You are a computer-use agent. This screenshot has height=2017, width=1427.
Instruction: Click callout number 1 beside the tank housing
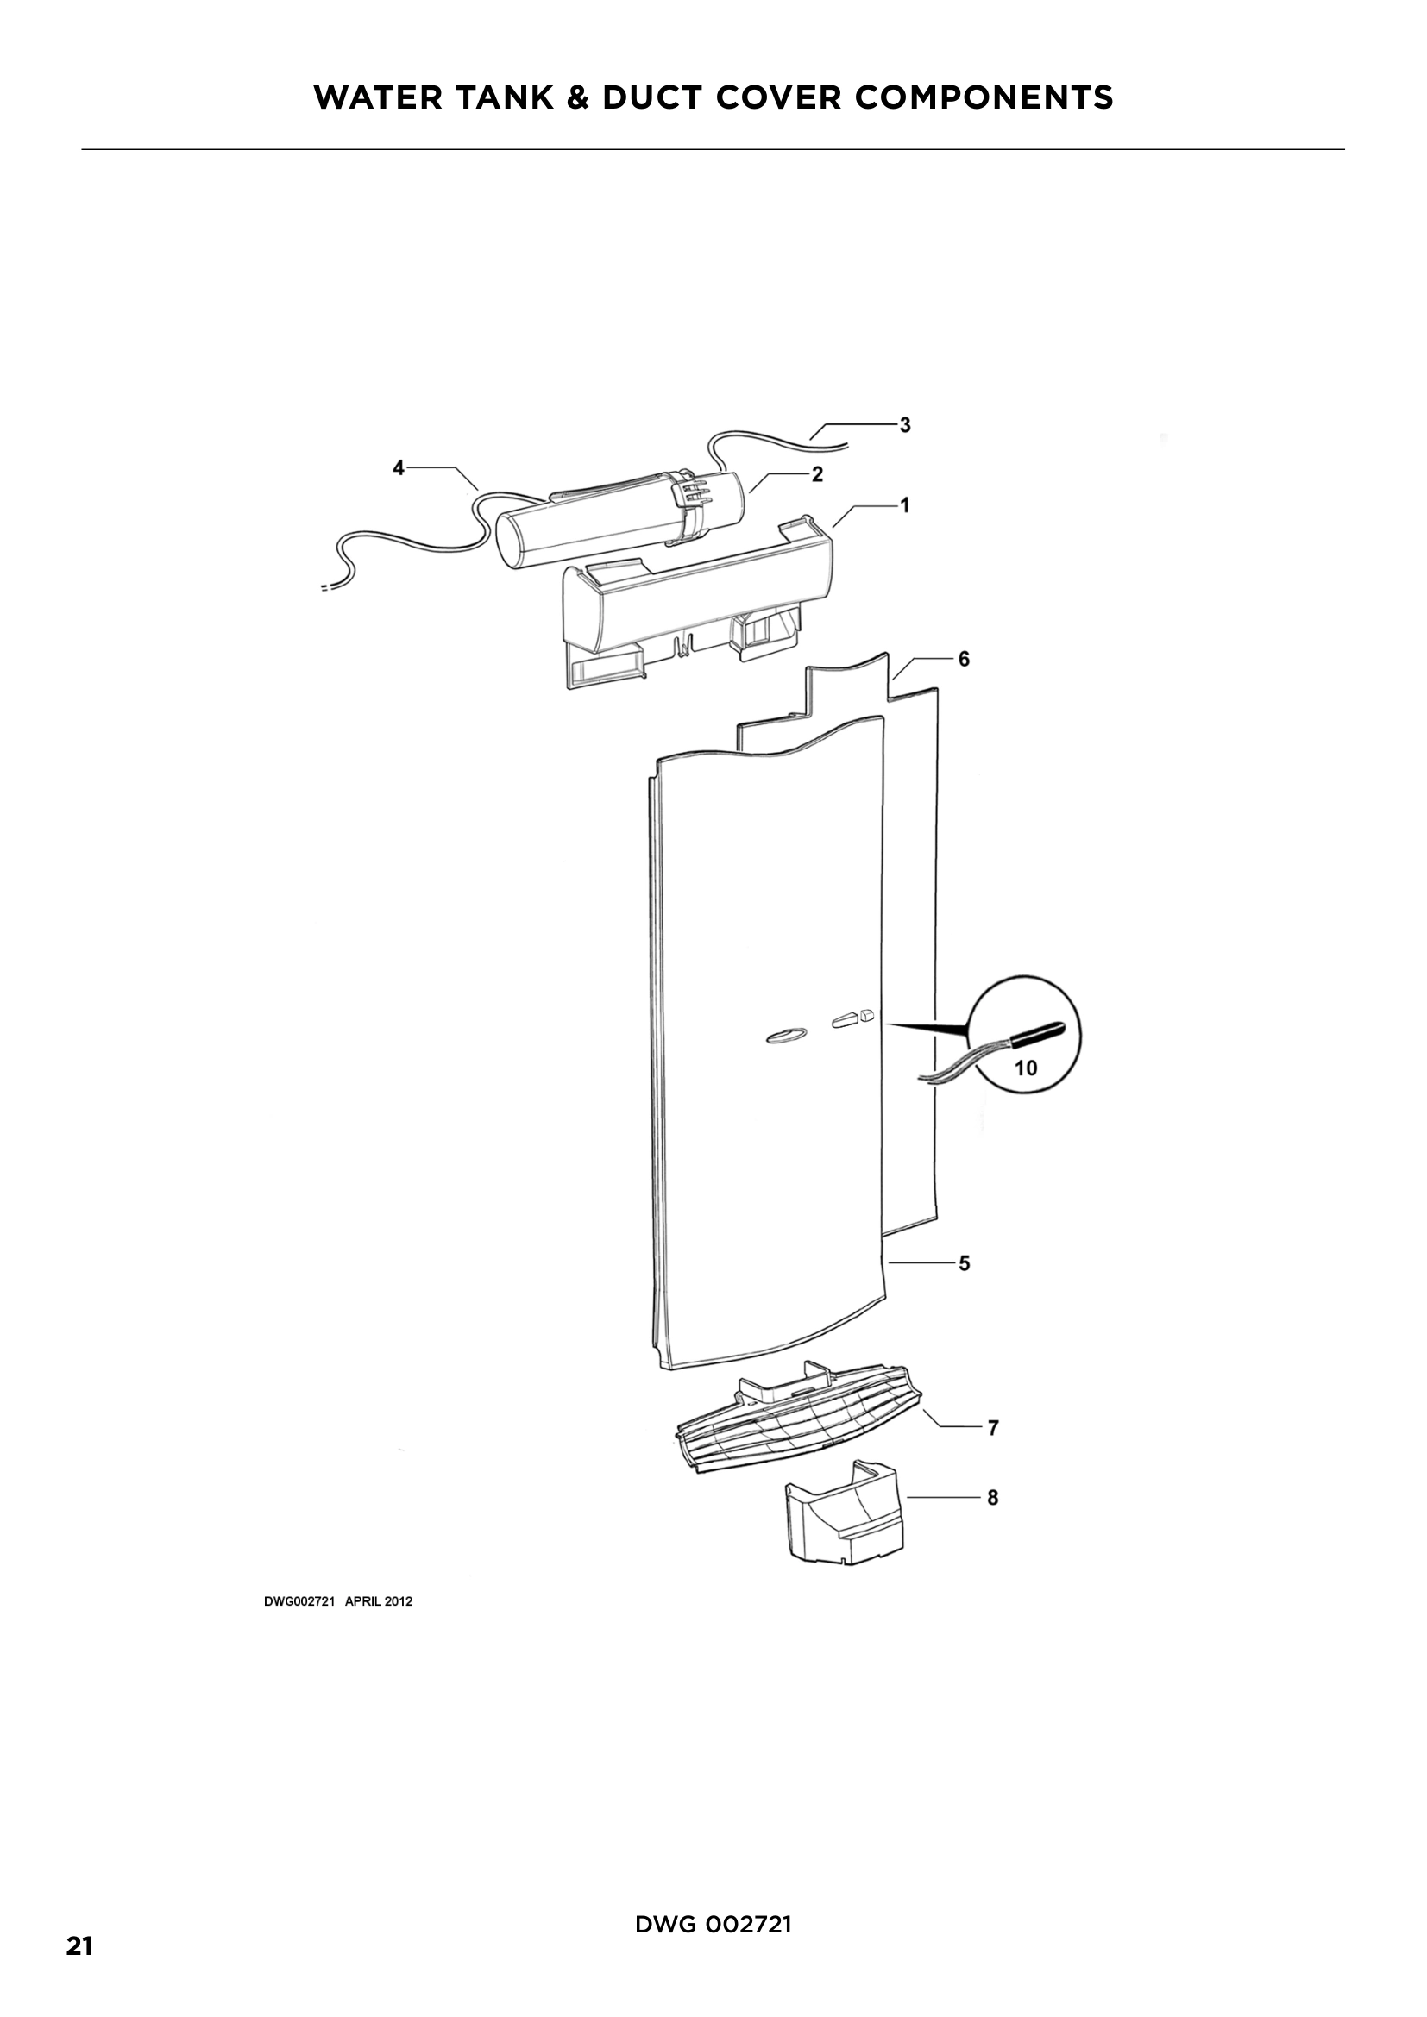click(x=904, y=505)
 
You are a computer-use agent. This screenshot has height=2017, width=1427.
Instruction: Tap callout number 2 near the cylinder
click(x=817, y=474)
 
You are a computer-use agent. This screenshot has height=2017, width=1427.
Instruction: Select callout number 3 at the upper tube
click(x=904, y=425)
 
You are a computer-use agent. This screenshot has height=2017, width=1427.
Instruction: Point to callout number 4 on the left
click(x=398, y=468)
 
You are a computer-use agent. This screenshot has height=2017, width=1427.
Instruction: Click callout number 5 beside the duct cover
click(x=964, y=1263)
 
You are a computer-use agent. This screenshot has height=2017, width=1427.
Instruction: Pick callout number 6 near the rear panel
click(x=964, y=659)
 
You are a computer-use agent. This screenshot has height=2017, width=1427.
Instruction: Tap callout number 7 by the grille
click(x=993, y=1428)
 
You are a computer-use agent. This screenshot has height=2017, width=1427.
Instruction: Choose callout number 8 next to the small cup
click(x=993, y=1497)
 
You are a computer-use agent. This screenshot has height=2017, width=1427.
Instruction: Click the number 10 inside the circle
click(x=1026, y=1068)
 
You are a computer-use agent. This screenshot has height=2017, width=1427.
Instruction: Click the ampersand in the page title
click(x=577, y=97)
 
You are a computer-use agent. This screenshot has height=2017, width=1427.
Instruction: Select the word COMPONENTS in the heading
click(x=984, y=97)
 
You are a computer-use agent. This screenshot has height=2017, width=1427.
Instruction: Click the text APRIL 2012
click(x=379, y=1601)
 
